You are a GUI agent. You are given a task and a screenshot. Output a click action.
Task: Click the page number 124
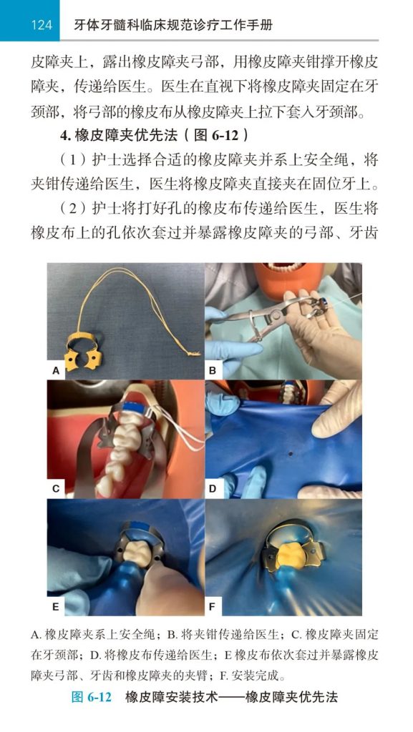pyautogui.click(x=41, y=24)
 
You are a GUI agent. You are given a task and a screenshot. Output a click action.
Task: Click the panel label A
pyautogui.click(x=56, y=371)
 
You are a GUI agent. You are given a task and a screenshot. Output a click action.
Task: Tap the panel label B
pyautogui.click(x=213, y=371)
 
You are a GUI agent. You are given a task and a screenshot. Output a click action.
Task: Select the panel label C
pyautogui.click(x=56, y=489)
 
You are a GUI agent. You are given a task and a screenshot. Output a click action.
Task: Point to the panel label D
pyautogui.click(x=213, y=489)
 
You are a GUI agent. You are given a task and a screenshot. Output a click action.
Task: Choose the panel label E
pyautogui.click(x=56, y=607)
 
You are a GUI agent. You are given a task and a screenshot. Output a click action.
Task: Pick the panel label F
pyautogui.click(x=212, y=607)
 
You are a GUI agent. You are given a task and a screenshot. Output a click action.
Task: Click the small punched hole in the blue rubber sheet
pyautogui.click(x=291, y=453)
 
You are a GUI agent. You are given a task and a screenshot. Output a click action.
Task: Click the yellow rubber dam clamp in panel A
pyautogui.click(x=84, y=352)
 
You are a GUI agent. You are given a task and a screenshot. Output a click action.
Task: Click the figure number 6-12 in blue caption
pyautogui.click(x=99, y=697)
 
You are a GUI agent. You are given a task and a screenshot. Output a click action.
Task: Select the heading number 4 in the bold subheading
pyautogui.click(x=65, y=136)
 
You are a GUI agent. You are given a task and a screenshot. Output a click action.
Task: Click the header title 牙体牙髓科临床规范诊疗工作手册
pyautogui.click(x=173, y=24)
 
